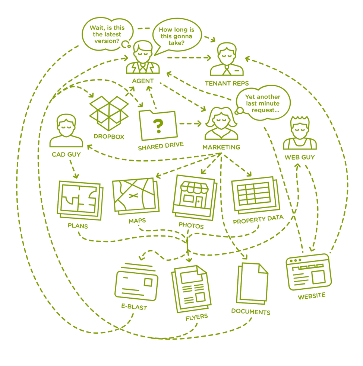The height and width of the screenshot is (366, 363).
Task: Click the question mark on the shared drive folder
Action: [x=158, y=126]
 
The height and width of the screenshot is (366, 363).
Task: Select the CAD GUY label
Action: [x=66, y=154]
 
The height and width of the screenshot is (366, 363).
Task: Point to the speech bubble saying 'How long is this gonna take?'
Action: [x=176, y=36]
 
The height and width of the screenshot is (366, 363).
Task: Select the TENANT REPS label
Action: [x=227, y=83]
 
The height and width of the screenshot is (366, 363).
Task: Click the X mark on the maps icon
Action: [x=133, y=195]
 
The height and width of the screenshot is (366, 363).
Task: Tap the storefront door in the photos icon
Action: [x=198, y=201]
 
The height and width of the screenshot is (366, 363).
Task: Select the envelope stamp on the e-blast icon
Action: [x=148, y=282]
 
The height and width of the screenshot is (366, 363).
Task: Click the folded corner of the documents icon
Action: [x=263, y=269]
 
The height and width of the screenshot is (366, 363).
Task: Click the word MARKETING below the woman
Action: [x=221, y=147]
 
